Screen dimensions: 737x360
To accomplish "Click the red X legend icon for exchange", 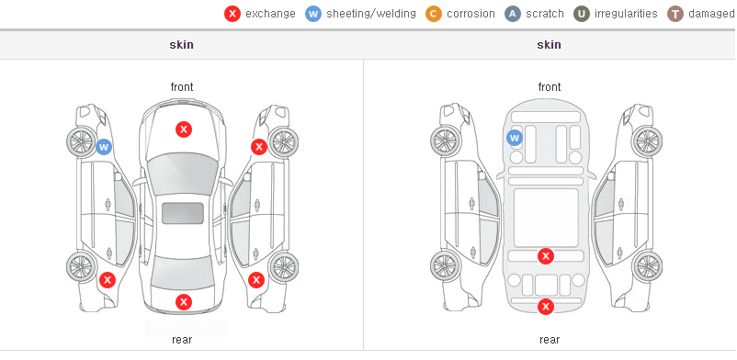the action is tap(232, 14).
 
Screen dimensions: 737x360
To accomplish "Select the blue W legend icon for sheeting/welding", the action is tap(313, 14).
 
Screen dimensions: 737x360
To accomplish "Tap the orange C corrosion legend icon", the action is tap(434, 14).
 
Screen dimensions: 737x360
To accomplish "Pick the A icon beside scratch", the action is tap(513, 14).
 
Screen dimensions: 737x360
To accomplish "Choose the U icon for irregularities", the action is tap(582, 14).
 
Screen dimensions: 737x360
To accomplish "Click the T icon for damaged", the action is tap(675, 14).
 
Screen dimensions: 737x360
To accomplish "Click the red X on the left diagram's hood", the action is tap(184, 129).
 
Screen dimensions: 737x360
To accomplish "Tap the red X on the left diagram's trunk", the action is tap(184, 302).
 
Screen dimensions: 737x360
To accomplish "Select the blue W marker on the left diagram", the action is tap(104, 147).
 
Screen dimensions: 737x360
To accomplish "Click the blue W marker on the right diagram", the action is tap(515, 138).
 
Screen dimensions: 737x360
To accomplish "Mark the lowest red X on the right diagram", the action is tap(546, 307).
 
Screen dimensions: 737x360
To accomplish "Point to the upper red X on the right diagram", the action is tap(546, 256).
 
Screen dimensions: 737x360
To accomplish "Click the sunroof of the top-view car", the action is tap(183, 213).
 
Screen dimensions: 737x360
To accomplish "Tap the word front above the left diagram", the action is tap(182, 87).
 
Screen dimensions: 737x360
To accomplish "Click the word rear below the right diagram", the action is tap(550, 340).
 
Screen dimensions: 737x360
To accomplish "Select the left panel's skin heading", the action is tap(181, 45).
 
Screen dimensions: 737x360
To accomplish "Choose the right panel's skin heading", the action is tap(549, 45).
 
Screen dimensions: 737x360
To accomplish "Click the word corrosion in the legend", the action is tap(471, 14).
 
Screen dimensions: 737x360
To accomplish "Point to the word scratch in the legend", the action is tap(545, 14).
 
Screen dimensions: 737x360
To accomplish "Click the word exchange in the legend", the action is tap(270, 14).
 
